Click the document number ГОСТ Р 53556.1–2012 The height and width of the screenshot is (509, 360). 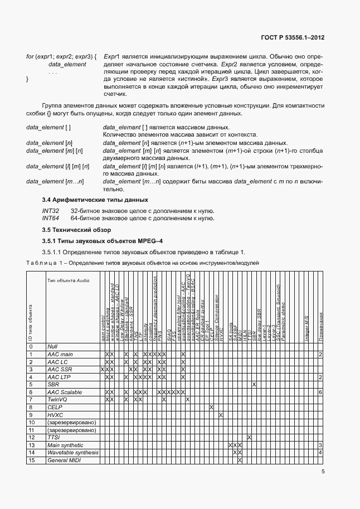293,38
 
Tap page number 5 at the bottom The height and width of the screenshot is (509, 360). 323,472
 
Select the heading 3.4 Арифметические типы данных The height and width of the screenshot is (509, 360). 95,200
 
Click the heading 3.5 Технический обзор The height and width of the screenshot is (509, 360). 77,230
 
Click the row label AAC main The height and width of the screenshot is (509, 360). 60,355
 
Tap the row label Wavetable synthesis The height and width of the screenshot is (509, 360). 72,452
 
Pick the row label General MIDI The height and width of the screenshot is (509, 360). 64,460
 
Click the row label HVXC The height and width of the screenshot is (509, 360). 56,415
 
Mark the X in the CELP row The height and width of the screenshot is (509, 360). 212,407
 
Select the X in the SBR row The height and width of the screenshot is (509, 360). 254,385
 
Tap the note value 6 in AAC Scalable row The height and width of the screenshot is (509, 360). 321,392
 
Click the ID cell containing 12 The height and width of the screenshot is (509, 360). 32,437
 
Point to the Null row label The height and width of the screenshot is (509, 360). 53,347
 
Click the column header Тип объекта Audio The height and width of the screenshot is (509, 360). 69,280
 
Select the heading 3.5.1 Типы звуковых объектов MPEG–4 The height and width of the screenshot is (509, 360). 103,241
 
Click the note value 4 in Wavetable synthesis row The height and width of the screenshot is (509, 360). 321,452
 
